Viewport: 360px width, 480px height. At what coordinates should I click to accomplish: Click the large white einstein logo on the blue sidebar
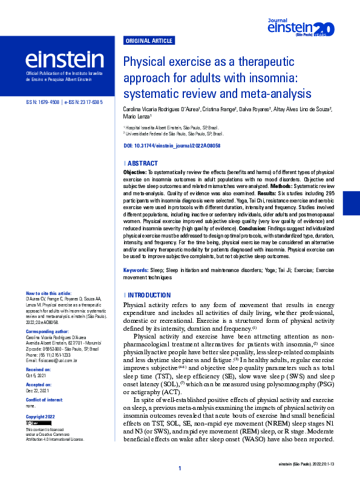(x=64, y=59)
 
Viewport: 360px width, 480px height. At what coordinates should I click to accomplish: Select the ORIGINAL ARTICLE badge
(x=148, y=41)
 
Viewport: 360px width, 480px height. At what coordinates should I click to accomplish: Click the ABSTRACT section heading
(x=142, y=164)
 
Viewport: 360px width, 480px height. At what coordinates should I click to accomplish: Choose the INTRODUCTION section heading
(x=149, y=295)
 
